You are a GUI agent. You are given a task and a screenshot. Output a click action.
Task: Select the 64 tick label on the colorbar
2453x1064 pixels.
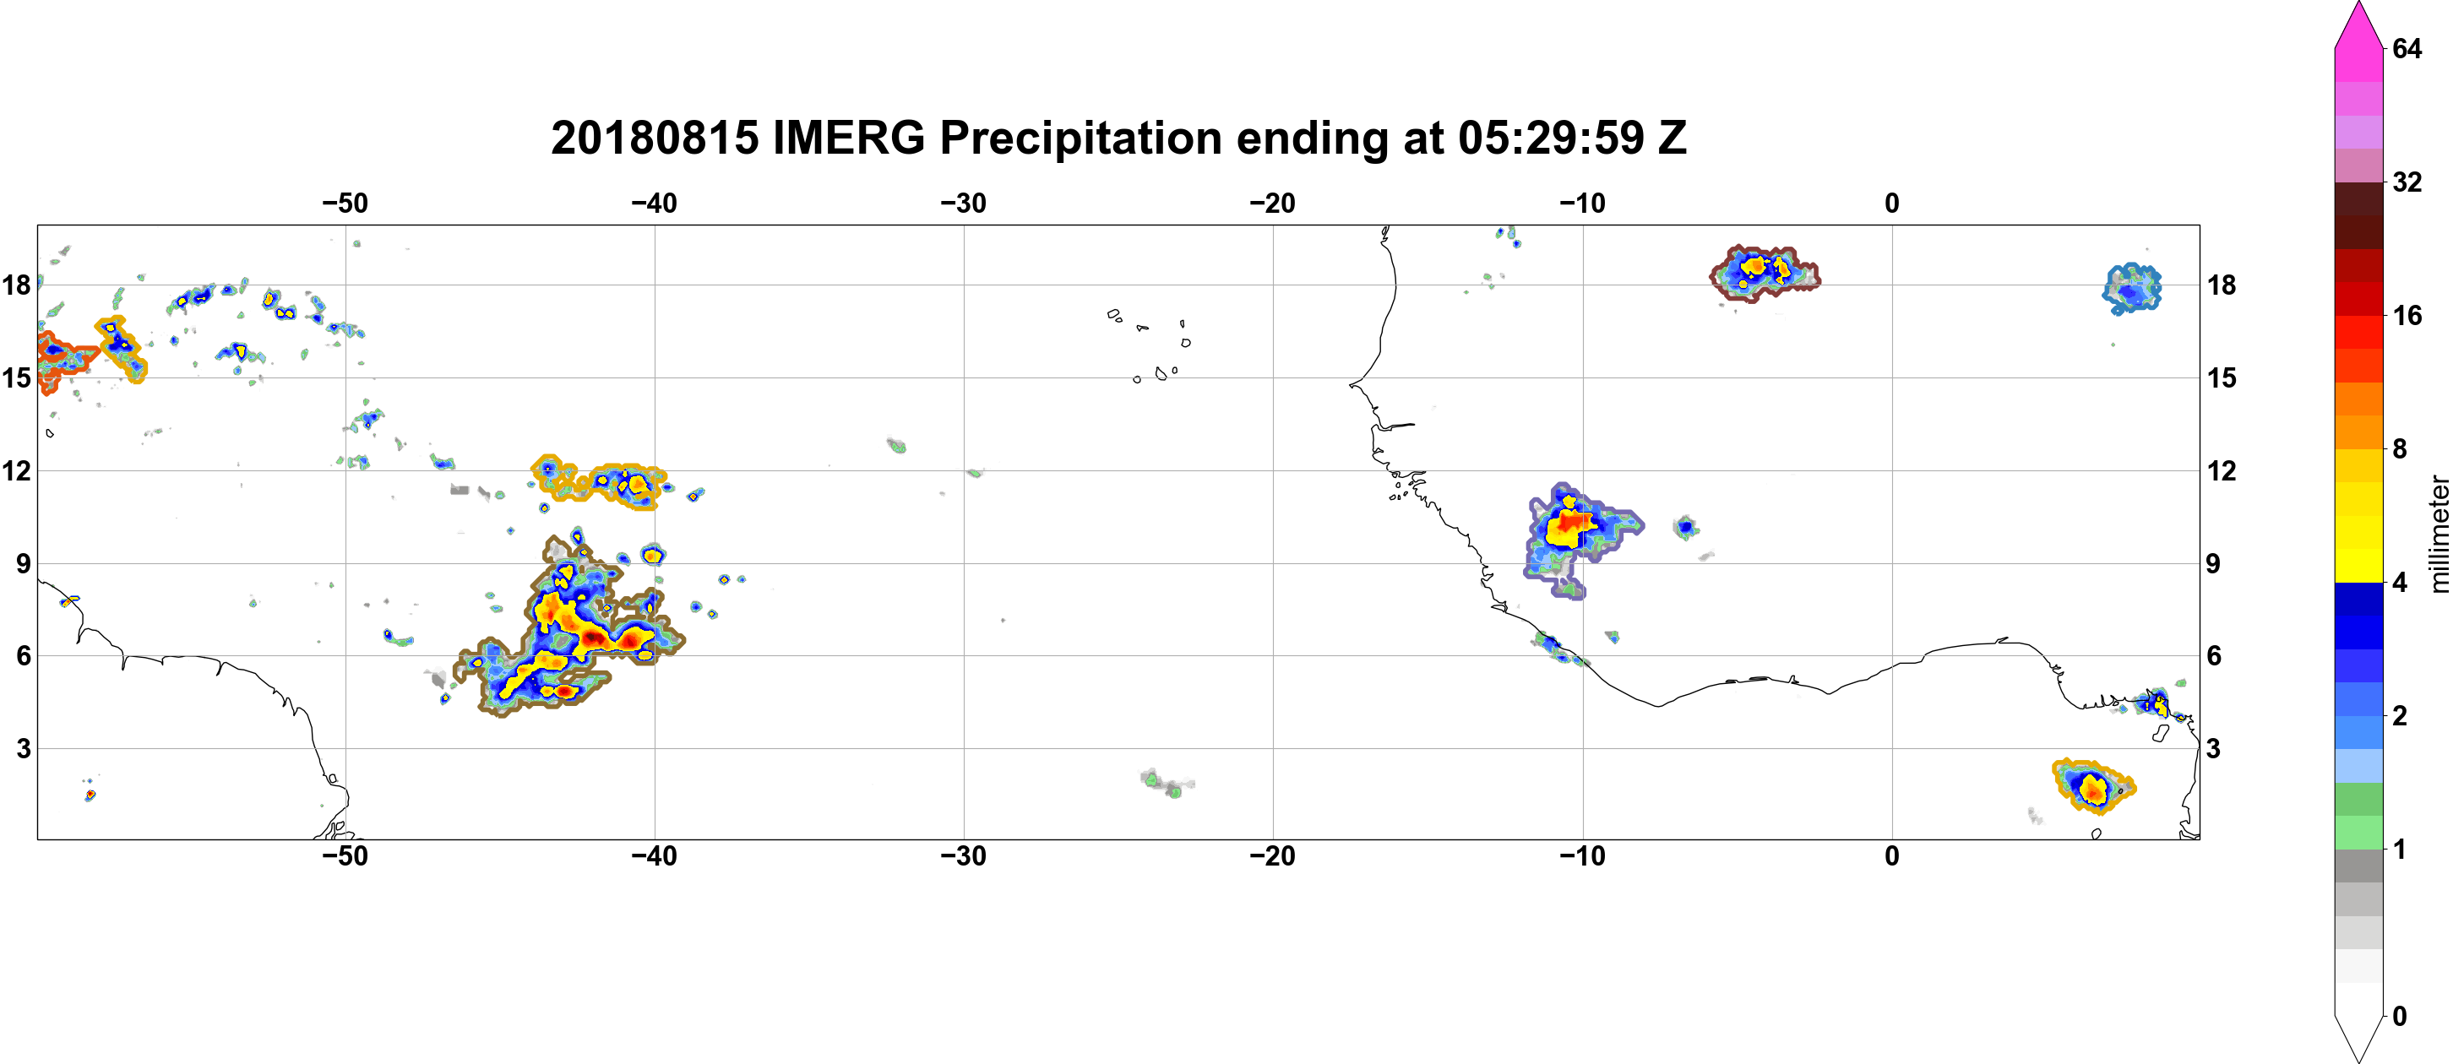coord(2407,48)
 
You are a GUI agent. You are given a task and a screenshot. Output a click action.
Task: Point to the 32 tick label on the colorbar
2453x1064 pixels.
coord(2407,182)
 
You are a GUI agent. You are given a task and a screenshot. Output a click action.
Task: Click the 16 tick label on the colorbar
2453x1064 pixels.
coord(2407,316)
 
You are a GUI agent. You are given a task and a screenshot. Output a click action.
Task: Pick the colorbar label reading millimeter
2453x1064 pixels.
coord(2439,534)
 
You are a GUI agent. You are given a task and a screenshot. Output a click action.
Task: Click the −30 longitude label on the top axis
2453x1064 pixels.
coord(964,204)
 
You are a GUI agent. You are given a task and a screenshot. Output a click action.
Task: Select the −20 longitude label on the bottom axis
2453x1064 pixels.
coord(1273,856)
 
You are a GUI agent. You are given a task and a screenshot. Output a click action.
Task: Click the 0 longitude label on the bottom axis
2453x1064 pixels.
coord(1892,856)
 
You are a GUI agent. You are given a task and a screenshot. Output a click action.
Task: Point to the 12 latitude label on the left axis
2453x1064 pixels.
coord(16,471)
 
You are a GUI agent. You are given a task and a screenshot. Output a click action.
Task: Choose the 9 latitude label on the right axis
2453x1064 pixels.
coord(2213,564)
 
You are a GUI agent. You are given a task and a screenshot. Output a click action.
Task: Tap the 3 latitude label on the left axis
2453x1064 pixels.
coord(24,749)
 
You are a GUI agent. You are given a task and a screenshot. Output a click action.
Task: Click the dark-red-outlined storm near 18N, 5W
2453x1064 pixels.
coord(1765,274)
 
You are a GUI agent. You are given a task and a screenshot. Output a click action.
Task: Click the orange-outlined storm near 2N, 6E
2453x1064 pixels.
coord(2093,786)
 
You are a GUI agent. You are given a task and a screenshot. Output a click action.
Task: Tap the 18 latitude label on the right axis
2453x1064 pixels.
coord(2222,285)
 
